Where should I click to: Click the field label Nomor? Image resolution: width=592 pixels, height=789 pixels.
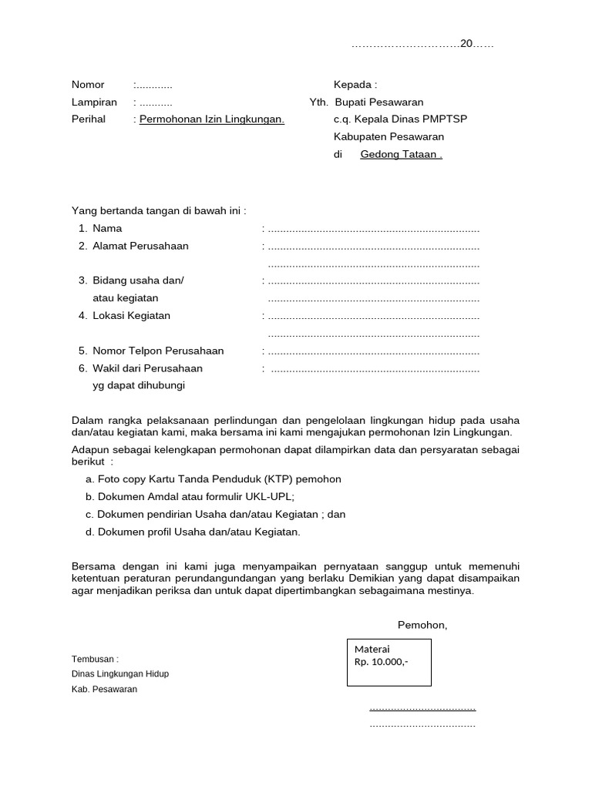click(x=88, y=85)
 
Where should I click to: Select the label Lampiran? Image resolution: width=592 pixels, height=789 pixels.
click(x=94, y=102)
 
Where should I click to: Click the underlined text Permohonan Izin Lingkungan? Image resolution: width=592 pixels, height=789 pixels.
click(x=212, y=119)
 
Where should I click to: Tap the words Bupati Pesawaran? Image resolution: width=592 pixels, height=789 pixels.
click(x=378, y=102)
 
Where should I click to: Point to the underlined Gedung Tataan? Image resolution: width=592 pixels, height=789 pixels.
click(x=401, y=154)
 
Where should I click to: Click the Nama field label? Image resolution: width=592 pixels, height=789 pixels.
click(x=107, y=228)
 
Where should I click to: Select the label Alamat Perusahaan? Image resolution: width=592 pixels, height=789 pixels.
click(x=140, y=246)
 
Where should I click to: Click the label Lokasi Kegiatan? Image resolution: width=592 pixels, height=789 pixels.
click(x=131, y=315)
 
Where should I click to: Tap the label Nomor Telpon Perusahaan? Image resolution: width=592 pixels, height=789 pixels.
click(x=158, y=351)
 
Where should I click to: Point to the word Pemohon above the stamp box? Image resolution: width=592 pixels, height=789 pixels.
click(x=422, y=625)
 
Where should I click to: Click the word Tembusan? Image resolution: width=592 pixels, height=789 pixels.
click(x=95, y=660)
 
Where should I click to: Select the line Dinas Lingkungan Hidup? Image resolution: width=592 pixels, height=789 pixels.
click(x=120, y=674)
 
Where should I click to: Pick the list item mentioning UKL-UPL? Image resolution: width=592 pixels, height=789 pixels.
click(x=190, y=497)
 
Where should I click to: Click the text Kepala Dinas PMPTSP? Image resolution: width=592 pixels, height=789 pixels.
click(x=410, y=119)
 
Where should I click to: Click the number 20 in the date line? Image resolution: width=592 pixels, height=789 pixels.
click(x=466, y=44)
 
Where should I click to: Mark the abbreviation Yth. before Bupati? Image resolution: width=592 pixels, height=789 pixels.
click(x=319, y=102)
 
